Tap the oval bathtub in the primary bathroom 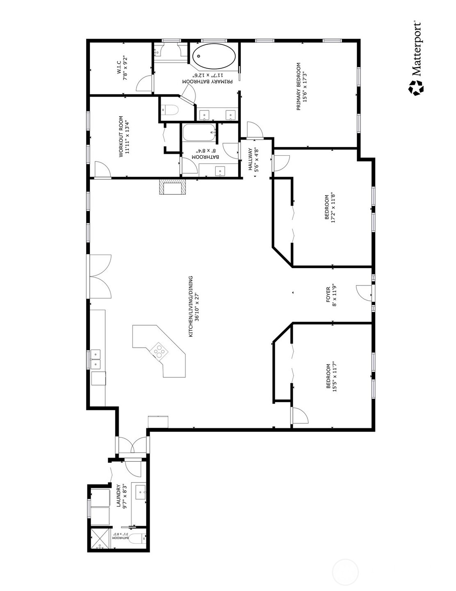214,57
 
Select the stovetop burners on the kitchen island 159,351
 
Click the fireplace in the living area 173,187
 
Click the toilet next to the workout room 170,110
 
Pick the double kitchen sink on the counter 96,359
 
